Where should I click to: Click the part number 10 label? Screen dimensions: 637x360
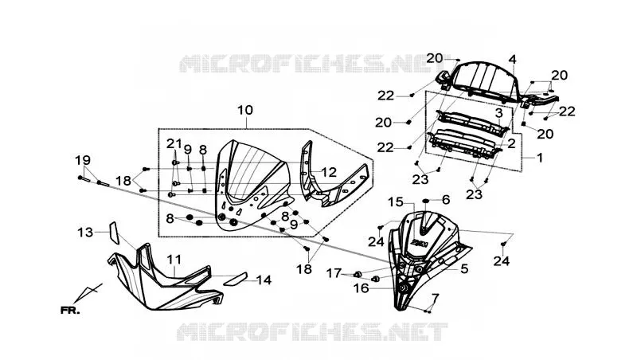(x=245, y=110)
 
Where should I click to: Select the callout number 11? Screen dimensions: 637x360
(x=174, y=259)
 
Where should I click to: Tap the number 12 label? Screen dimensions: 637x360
(x=329, y=172)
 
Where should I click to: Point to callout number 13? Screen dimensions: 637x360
(x=85, y=233)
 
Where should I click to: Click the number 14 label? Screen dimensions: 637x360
(x=264, y=280)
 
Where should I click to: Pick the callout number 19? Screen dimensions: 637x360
(x=83, y=160)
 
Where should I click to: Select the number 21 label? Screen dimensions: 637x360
(x=174, y=143)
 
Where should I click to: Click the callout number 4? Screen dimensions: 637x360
(x=512, y=59)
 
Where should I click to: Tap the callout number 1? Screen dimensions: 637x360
(x=540, y=157)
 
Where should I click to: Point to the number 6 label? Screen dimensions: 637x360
(x=446, y=199)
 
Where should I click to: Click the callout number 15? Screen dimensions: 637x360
(x=396, y=202)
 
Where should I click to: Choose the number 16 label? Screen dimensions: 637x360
(x=361, y=288)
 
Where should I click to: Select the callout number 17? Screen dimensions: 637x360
(x=334, y=273)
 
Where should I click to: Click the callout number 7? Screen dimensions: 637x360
(x=435, y=298)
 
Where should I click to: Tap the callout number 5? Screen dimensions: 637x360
(x=464, y=268)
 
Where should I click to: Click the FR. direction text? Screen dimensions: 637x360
(x=70, y=311)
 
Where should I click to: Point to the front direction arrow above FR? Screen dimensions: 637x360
(x=88, y=293)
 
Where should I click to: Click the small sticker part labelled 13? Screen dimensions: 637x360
(x=114, y=233)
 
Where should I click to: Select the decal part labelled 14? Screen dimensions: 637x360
(x=236, y=279)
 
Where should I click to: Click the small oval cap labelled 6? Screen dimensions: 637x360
(x=426, y=201)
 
